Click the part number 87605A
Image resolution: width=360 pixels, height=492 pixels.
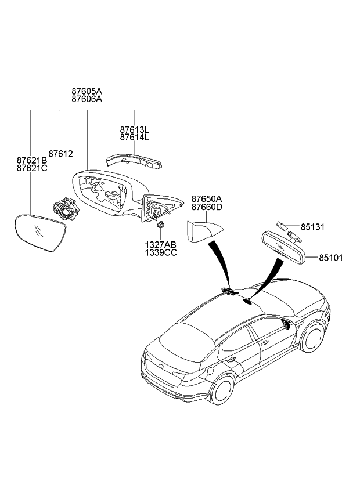[x=87, y=91]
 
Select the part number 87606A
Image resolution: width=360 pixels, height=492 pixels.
[x=87, y=99]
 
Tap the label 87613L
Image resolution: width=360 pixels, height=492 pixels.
[x=135, y=129]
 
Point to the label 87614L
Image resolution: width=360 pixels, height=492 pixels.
[x=135, y=138]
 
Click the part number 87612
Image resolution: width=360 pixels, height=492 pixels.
[x=60, y=154]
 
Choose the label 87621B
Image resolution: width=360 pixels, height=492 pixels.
[x=31, y=160]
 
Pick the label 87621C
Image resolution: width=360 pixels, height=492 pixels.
[x=31, y=168]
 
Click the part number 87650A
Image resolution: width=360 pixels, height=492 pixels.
[x=207, y=198]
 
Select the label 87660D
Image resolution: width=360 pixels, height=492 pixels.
[x=207, y=207]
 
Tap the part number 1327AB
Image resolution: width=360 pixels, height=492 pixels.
[x=161, y=245]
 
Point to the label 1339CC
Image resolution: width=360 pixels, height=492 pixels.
[x=161, y=253]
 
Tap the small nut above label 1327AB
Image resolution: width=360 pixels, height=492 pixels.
[x=161, y=225]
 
